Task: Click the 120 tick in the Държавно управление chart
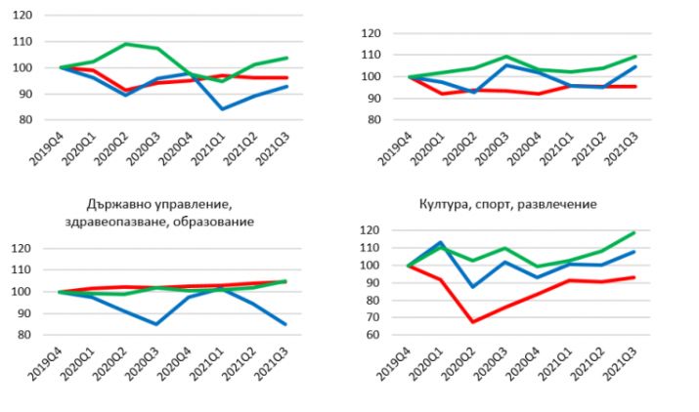point(20,249)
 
